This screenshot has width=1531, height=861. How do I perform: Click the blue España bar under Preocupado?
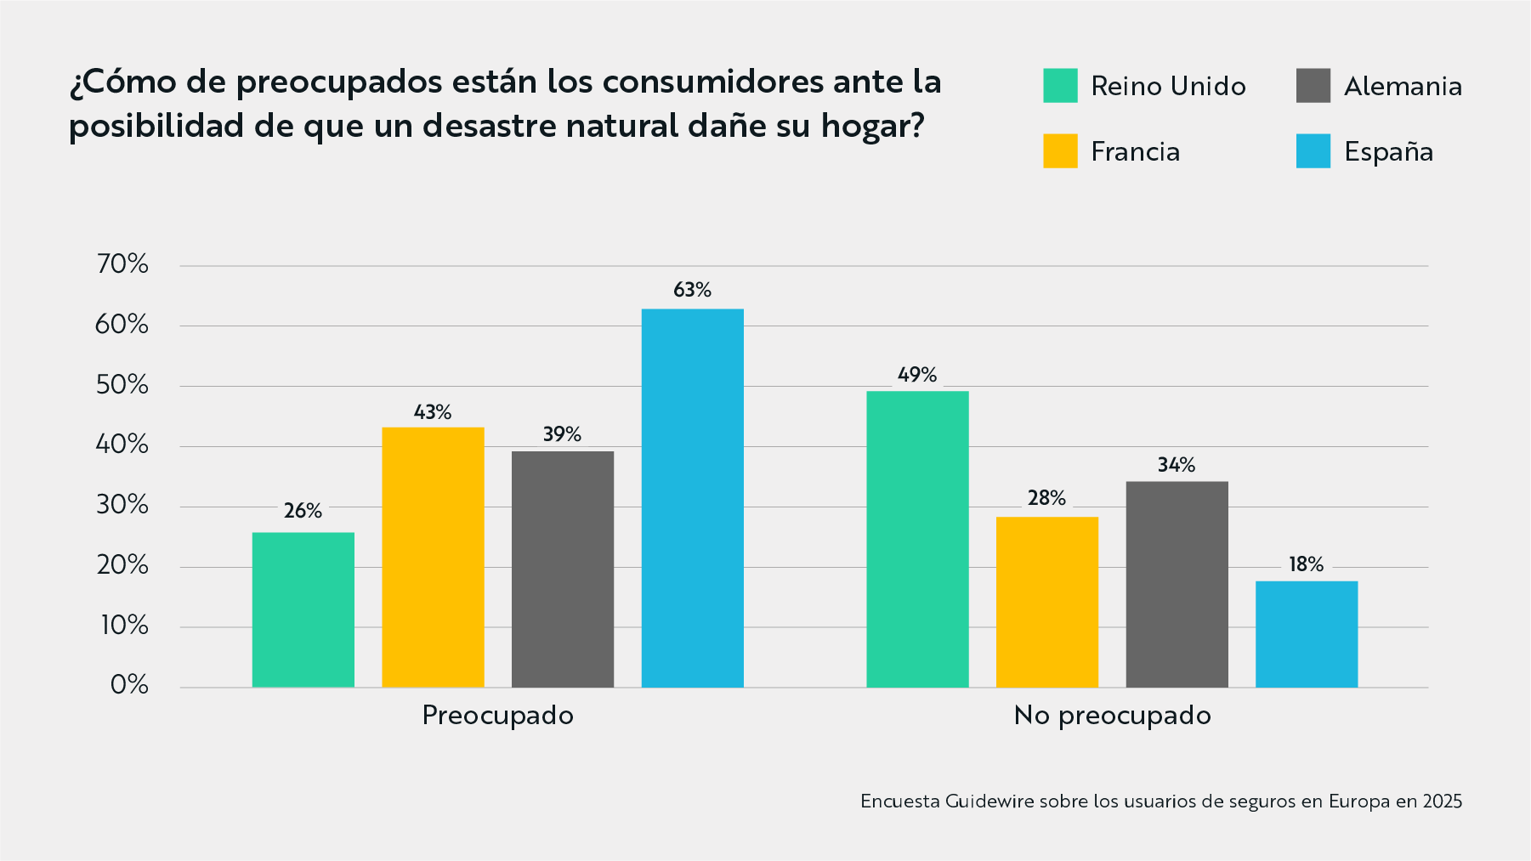coord(692,498)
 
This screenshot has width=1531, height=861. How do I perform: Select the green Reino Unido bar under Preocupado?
coord(303,609)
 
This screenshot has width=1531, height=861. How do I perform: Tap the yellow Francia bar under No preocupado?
coord(1046,602)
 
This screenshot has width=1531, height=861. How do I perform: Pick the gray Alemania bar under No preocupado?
coord(1177,584)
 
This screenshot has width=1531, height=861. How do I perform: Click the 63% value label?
coord(692,290)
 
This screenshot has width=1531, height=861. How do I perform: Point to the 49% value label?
coord(917,375)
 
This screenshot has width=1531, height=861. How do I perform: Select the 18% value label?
coord(1306,564)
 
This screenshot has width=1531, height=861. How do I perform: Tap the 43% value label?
coord(433,412)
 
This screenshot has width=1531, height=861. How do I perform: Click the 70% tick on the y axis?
coord(122,264)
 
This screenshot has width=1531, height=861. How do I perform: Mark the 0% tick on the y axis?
coord(129,685)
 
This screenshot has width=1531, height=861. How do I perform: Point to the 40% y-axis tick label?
coord(122,445)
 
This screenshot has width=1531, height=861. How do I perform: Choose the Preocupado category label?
coord(498,716)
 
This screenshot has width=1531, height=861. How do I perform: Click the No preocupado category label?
coord(1112,716)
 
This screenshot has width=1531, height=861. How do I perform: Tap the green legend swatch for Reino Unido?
coord(1060,86)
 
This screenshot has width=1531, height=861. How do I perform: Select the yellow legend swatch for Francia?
coord(1060,151)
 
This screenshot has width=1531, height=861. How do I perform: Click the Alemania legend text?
coord(1403,86)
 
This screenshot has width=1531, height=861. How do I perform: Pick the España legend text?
coord(1388,151)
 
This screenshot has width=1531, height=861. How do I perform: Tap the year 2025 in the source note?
coord(1442,801)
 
